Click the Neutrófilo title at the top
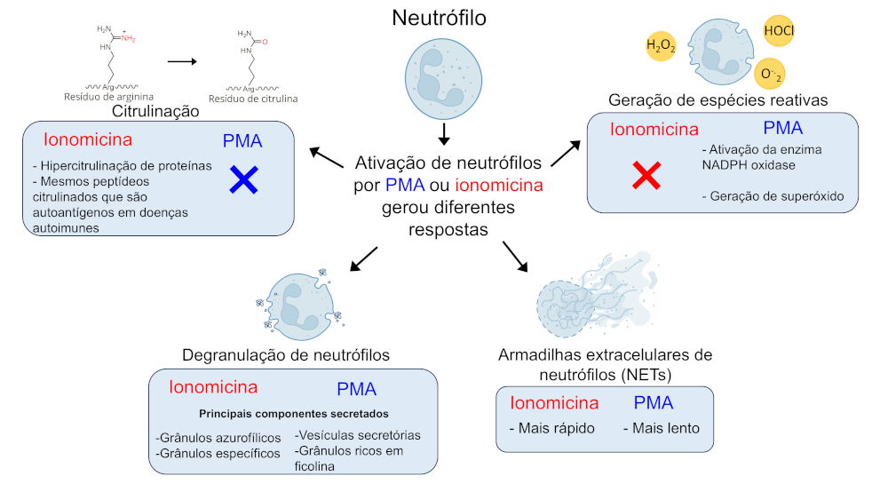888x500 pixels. (x=444, y=18)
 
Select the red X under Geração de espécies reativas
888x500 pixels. (x=646, y=176)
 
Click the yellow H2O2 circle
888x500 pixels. (x=661, y=45)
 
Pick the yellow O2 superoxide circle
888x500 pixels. (x=769, y=73)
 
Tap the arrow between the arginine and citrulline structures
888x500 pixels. (x=182, y=61)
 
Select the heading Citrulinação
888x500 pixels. (x=155, y=112)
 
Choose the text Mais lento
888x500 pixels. (x=661, y=428)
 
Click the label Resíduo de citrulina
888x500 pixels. (x=253, y=99)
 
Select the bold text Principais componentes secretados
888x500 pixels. (x=294, y=414)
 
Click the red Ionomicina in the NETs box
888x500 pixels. (x=554, y=402)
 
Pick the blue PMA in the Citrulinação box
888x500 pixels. (x=242, y=140)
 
